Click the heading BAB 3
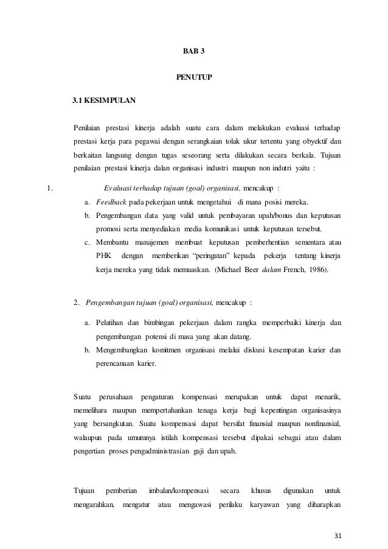[194, 51]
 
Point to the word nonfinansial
[319, 423]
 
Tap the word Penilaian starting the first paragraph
[88, 127]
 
